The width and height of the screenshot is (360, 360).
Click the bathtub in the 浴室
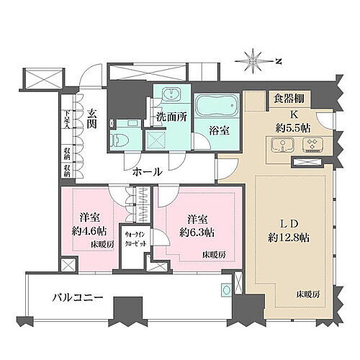click(x=212, y=107)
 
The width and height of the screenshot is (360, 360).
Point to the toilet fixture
click(x=118, y=139)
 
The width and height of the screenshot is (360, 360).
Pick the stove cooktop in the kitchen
click(x=313, y=146)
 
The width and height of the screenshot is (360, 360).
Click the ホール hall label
click(x=147, y=172)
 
